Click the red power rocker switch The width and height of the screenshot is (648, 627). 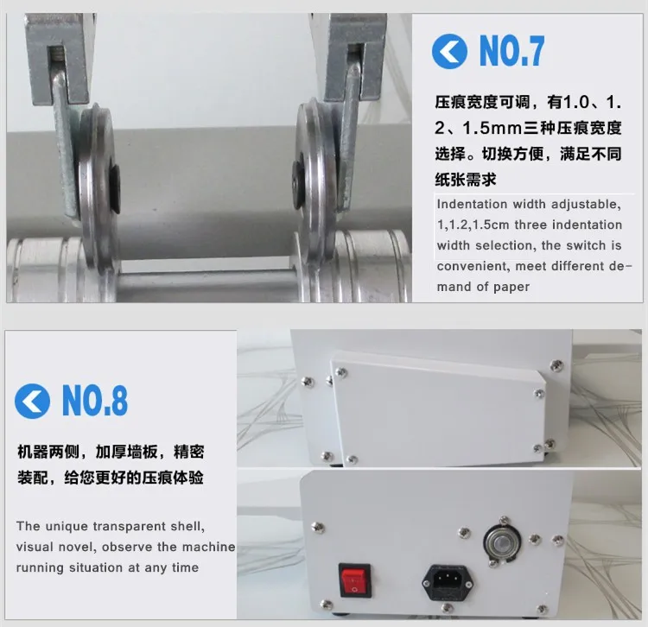pos(354,579)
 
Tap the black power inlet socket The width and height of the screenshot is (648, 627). pos(448,583)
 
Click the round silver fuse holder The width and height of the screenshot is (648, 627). pos(502,542)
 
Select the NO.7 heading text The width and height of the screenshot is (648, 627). pos(512,50)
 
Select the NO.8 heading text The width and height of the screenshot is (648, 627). pos(95,401)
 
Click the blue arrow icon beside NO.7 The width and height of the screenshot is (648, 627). pos(449,51)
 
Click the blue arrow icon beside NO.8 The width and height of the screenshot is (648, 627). pos(32,401)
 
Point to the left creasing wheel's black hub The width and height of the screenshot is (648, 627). pos(113,188)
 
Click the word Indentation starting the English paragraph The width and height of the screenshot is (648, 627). pos(472,204)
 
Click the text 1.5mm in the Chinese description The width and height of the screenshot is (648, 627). pos(492,128)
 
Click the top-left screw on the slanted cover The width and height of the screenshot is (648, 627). pos(340,373)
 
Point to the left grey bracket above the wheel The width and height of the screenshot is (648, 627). pos(59,57)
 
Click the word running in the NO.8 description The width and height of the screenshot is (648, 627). pos(39,568)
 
